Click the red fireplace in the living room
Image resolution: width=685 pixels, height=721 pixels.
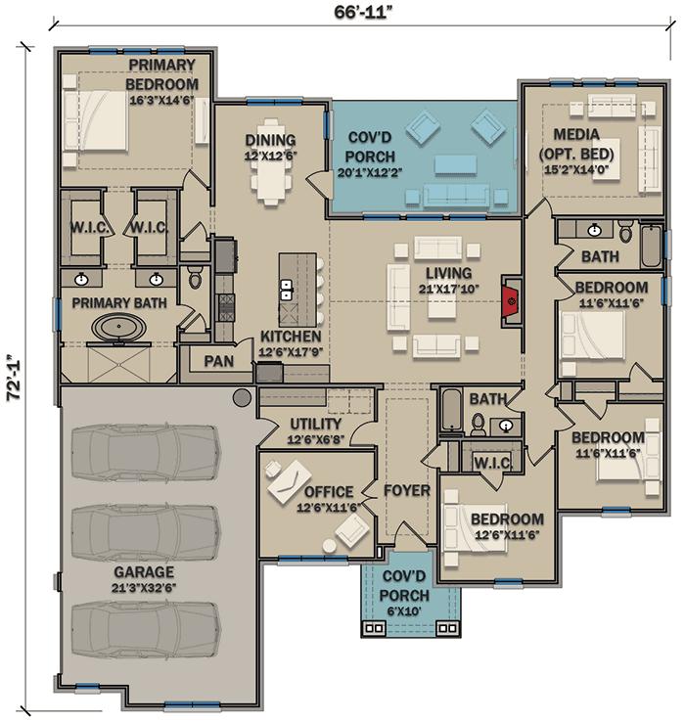click(x=510, y=301)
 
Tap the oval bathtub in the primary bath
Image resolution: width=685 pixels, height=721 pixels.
click(x=118, y=327)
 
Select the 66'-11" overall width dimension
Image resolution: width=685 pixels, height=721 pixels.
click(x=363, y=12)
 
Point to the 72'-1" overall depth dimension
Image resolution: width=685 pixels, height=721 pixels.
click(x=15, y=378)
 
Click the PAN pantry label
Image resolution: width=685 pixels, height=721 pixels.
click(x=219, y=361)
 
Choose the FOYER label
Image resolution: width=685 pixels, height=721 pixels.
click(x=407, y=491)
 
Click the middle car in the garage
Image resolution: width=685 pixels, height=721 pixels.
click(x=146, y=532)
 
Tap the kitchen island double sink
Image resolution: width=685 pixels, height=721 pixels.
click(x=286, y=290)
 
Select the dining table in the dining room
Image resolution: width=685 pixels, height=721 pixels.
click(x=271, y=161)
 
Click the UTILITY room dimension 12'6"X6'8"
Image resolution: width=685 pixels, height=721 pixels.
click(x=315, y=439)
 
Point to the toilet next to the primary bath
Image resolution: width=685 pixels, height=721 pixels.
click(x=195, y=278)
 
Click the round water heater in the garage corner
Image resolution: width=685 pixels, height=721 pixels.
click(x=242, y=397)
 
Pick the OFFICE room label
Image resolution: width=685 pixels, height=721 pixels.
click(x=329, y=492)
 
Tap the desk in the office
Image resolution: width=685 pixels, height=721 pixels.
click(x=290, y=481)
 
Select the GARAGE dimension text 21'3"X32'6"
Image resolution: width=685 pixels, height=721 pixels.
click(x=144, y=588)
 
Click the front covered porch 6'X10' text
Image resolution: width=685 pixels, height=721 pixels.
click(x=404, y=611)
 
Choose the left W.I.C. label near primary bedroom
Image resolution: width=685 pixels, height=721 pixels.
click(x=89, y=227)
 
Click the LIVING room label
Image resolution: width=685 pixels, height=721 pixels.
click(x=448, y=273)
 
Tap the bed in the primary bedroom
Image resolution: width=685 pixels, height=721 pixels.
click(x=95, y=120)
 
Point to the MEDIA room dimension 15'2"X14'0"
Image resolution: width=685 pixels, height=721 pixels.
click(x=576, y=169)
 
